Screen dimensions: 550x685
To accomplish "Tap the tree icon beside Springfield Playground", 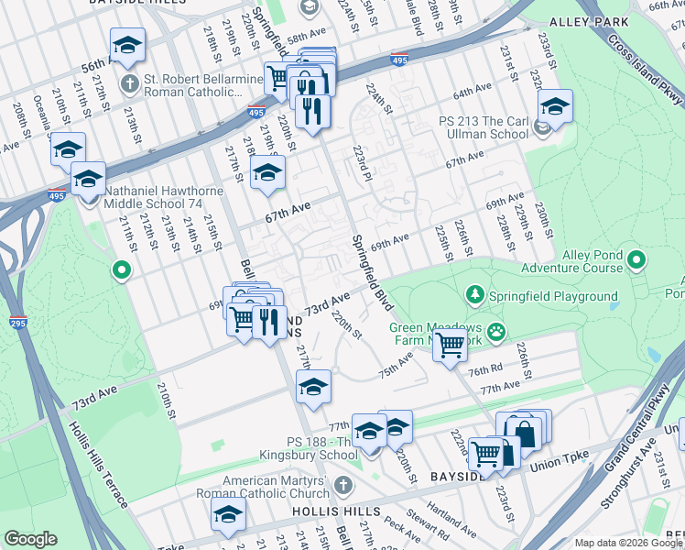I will click(474, 295).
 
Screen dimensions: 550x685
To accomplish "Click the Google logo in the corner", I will click(31, 539).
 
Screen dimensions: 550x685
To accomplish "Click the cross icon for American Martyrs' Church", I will click(342, 484).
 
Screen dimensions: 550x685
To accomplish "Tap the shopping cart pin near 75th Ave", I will click(449, 346).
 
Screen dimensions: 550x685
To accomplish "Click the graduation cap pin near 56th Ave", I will click(127, 45).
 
